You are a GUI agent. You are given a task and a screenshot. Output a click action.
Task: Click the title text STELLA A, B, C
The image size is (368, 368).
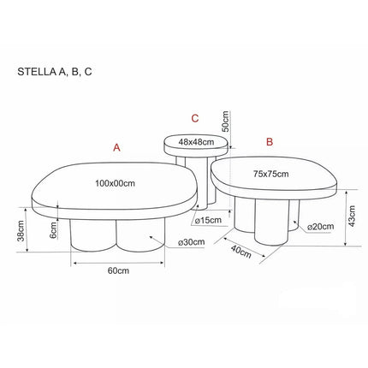[55, 72]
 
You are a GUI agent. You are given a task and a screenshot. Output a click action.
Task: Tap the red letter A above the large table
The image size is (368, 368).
[116, 148]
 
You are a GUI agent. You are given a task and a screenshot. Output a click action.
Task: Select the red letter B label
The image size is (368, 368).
[270, 142]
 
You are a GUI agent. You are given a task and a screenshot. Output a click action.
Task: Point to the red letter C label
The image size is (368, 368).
[195, 118]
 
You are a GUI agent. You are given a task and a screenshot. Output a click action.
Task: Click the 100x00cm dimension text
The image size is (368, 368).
[115, 183]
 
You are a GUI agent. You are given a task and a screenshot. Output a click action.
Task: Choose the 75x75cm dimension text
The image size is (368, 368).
[270, 174]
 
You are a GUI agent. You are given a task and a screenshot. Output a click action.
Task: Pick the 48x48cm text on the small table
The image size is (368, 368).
[196, 141]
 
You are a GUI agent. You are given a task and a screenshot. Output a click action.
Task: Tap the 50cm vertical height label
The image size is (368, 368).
[226, 121]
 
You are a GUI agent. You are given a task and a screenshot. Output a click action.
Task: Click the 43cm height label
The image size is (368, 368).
[352, 217]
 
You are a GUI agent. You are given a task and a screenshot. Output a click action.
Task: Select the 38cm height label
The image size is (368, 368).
[21, 231]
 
